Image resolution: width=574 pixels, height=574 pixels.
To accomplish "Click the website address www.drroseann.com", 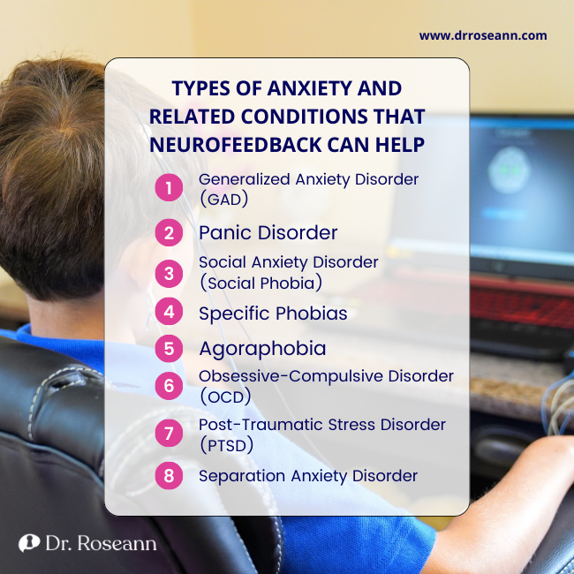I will pos(483,36).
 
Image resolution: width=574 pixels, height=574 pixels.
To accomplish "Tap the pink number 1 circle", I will pos(168,187).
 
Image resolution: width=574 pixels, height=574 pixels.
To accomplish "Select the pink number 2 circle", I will pos(168,233).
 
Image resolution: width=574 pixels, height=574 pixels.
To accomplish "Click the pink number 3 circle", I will pos(168,272).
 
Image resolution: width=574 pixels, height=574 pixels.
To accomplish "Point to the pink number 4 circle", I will pos(168,313).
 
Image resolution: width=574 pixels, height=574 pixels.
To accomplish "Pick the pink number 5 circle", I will pos(168,347).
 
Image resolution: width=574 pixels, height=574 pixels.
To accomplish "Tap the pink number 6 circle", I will pos(168,386).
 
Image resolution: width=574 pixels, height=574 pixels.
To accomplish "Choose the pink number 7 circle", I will pos(168,434).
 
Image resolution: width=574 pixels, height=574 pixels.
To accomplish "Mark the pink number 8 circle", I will pos(168,476).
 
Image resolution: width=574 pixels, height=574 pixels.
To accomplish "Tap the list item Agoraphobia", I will pos(262,348).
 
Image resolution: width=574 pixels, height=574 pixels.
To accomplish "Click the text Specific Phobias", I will pos(273,313).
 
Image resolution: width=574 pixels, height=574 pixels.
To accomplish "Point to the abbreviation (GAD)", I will pos(223,199).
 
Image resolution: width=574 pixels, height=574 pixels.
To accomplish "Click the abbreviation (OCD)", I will pos(225,397).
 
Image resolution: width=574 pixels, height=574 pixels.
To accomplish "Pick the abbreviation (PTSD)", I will pos(227,445).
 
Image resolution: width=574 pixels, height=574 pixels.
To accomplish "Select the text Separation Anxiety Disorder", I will pos(307,476).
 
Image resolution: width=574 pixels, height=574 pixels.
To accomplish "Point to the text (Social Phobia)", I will pos(260,283).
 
